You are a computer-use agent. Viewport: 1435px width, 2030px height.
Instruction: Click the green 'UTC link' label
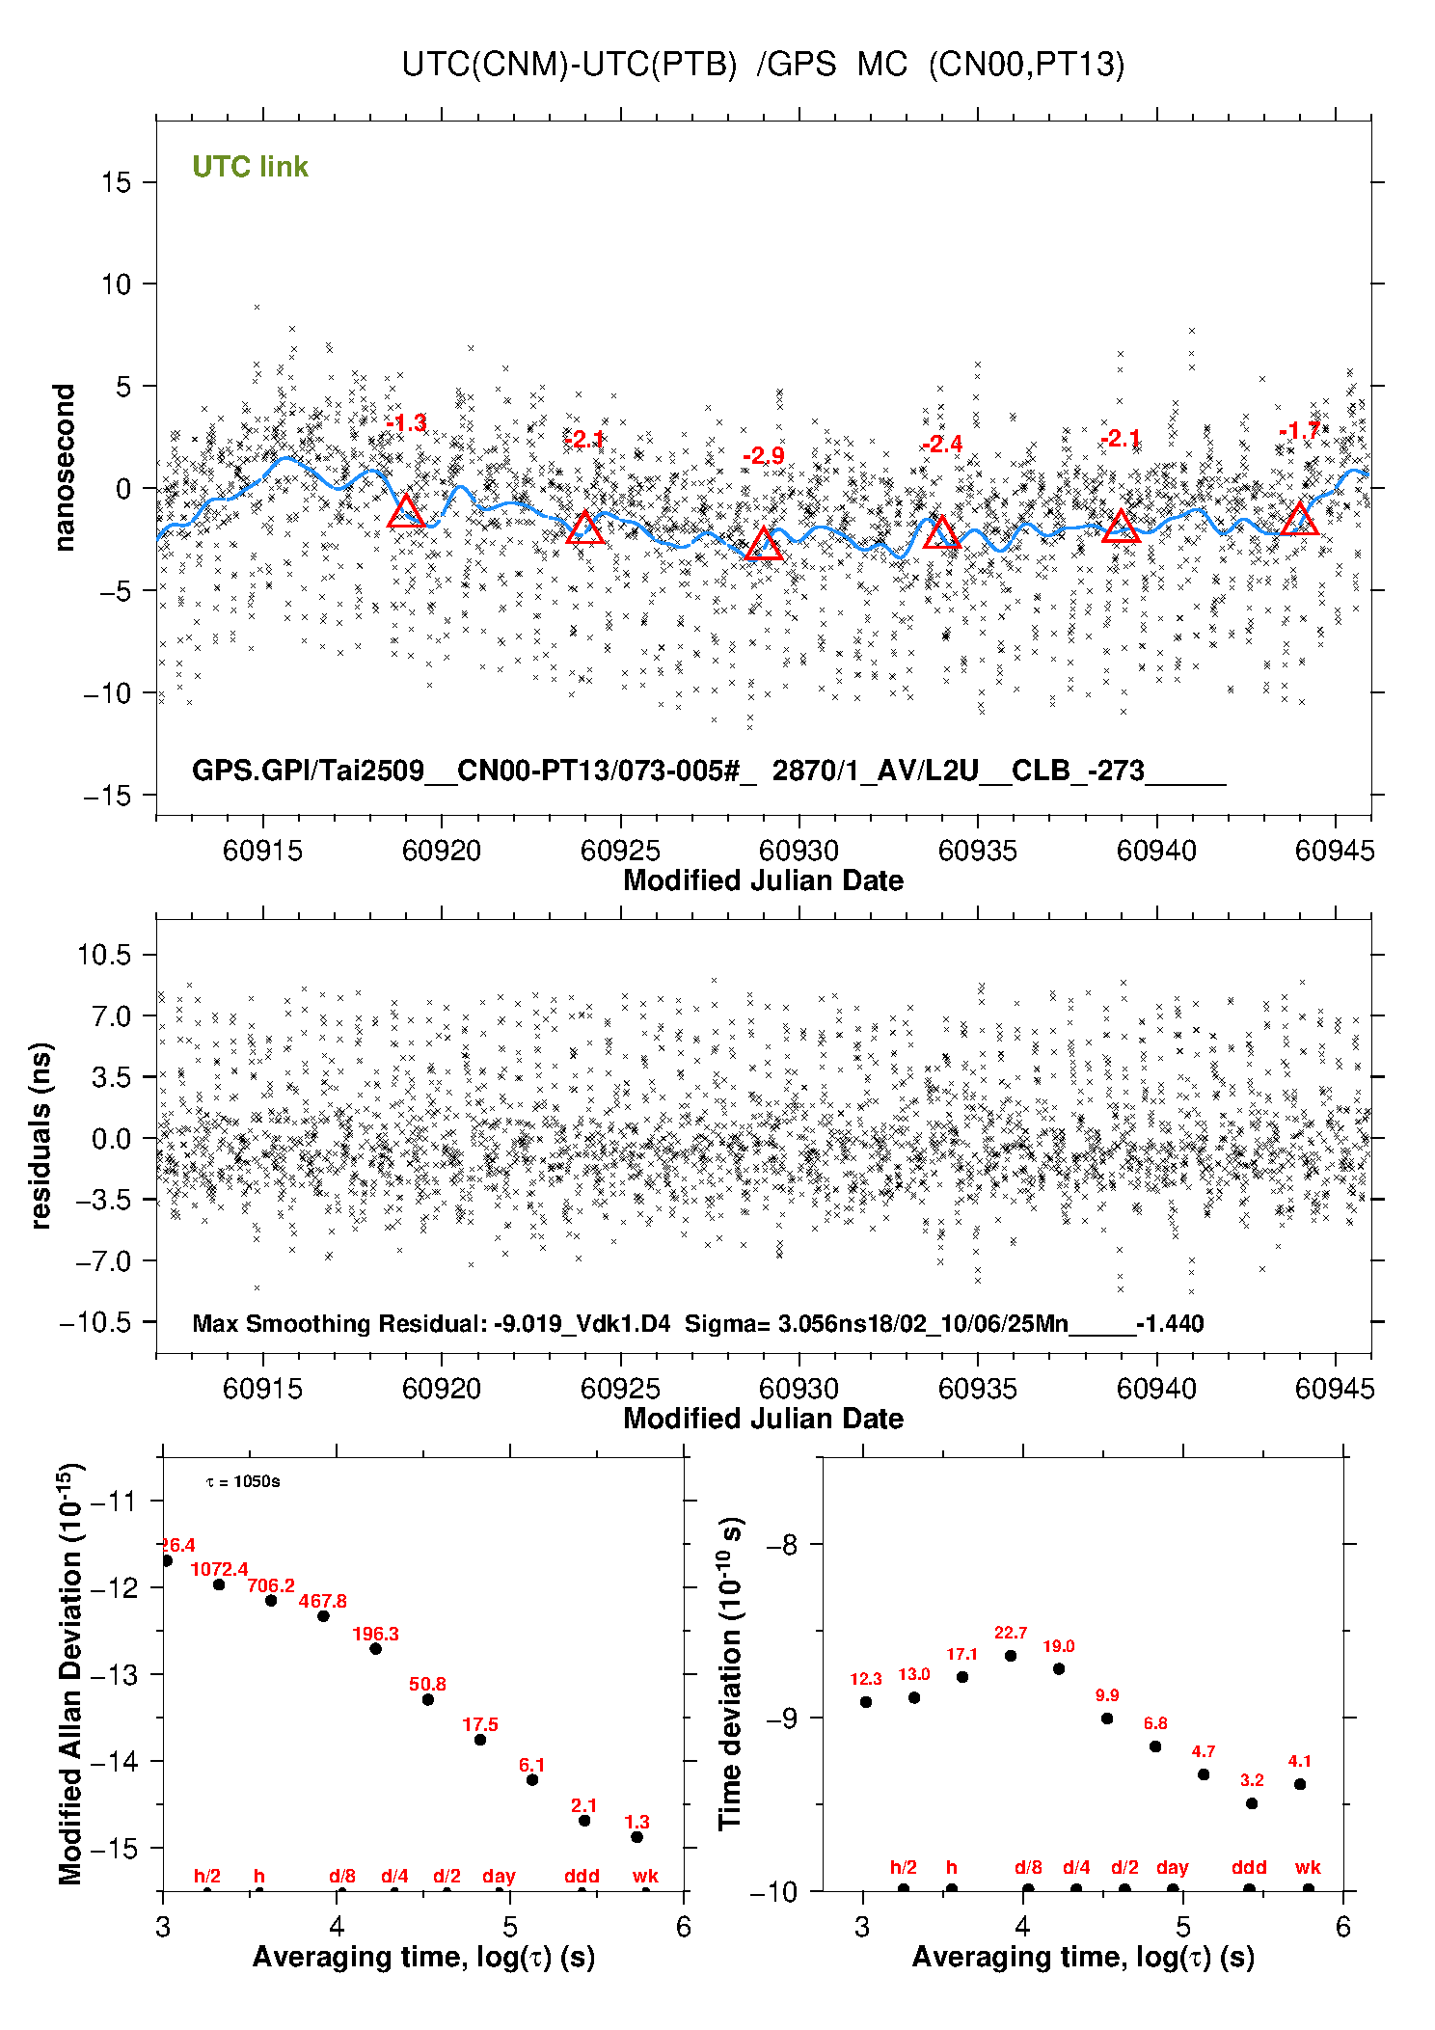click(250, 167)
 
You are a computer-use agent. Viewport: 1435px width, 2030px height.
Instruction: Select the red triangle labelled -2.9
click(764, 544)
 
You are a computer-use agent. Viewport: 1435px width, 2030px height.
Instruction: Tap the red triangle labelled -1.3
click(406, 512)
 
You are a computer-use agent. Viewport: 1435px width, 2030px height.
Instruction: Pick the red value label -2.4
click(942, 444)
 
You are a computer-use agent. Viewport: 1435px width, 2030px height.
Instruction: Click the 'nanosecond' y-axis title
click(64, 468)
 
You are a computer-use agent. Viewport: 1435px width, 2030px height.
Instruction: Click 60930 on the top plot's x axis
click(799, 851)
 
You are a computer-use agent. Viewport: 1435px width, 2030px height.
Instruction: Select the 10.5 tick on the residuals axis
click(104, 955)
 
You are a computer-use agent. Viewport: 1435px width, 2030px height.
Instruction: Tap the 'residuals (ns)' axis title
click(41, 1135)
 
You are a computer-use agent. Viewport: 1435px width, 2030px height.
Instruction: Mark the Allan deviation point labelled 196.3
click(375, 1648)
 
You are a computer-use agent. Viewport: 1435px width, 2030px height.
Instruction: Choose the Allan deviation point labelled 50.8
click(427, 1699)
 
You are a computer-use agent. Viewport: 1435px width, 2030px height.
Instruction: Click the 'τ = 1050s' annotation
click(243, 1481)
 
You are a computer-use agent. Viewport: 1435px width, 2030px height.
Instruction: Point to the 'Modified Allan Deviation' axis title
click(70, 1673)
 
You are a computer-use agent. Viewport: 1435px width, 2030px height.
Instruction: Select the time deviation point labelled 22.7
click(1010, 1656)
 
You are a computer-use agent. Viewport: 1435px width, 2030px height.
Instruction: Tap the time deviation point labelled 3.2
click(1251, 1803)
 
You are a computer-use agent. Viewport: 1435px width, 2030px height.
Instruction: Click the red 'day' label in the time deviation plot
click(1172, 1868)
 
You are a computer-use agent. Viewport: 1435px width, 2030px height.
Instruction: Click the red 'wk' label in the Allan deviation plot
click(645, 1876)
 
